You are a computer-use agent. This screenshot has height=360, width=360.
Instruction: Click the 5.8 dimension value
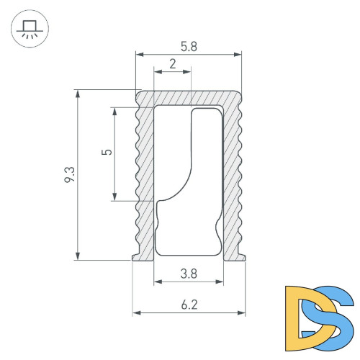point(189,47)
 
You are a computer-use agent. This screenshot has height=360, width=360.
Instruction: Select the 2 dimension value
point(173,64)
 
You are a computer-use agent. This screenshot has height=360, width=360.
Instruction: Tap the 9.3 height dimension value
point(70,174)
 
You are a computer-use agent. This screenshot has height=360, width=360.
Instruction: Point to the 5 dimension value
point(107,152)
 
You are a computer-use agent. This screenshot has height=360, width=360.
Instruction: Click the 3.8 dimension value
point(189,274)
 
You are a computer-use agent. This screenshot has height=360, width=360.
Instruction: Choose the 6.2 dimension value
point(189,305)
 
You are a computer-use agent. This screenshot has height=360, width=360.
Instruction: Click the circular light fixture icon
point(30,29)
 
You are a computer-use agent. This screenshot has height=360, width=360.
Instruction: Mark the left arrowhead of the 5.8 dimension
point(140,55)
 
